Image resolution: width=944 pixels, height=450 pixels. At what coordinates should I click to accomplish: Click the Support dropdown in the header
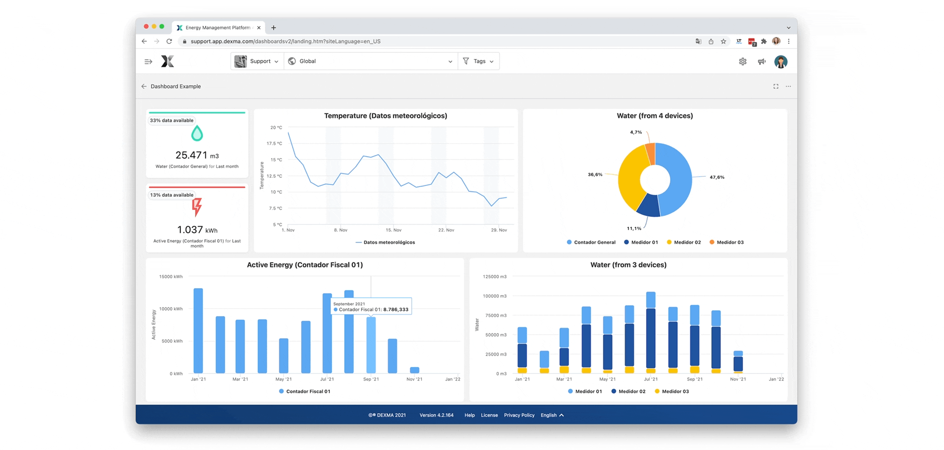point(257,61)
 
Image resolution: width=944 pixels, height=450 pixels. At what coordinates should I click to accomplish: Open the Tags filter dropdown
point(479,61)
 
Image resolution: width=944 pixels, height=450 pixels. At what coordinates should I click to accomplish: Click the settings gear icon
point(742,62)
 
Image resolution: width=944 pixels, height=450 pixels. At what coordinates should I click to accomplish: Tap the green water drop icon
point(197,134)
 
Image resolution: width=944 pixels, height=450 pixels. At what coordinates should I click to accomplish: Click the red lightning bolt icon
point(197,207)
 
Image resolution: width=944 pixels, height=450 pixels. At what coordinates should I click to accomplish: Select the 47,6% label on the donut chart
point(716,177)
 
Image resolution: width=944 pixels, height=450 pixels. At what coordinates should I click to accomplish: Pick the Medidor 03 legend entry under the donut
point(726,242)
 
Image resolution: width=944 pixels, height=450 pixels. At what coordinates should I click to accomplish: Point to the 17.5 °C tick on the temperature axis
point(274,143)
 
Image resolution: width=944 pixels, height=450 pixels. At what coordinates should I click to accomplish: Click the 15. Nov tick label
point(393,230)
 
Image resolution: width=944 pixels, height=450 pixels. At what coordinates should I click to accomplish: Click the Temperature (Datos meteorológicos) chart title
point(385,116)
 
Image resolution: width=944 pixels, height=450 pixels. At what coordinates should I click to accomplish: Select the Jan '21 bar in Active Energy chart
point(198,330)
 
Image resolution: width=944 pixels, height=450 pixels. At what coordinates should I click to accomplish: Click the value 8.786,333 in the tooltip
point(396,310)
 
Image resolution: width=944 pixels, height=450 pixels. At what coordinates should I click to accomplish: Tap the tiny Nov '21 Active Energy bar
point(414,370)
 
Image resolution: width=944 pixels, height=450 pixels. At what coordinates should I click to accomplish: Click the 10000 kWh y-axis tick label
point(171,309)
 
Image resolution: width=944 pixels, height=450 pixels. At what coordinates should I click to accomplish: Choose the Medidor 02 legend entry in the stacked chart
point(628,392)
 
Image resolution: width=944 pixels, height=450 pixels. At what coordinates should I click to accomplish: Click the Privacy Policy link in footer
point(519,416)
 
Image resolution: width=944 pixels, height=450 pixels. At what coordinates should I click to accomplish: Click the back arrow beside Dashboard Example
point(144,87)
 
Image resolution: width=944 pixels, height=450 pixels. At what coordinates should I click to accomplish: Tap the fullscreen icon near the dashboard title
point(775,87)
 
